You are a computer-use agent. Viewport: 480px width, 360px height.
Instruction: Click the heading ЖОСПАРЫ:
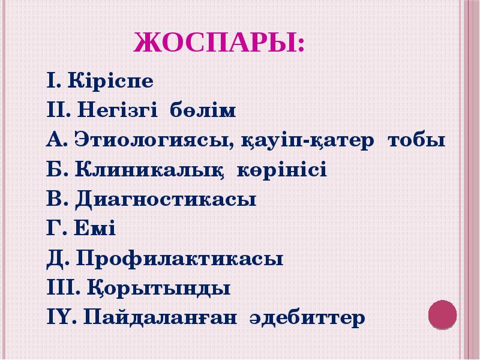[x=218, y=45]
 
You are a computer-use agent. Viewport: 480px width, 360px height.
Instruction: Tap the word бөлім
[x=203, y=111]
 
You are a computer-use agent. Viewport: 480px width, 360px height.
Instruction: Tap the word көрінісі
[x=282, y=171]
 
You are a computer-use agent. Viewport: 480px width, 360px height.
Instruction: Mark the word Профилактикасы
[x=180, y=259]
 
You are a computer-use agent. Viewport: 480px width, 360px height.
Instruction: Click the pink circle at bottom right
[x=442, y=315]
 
